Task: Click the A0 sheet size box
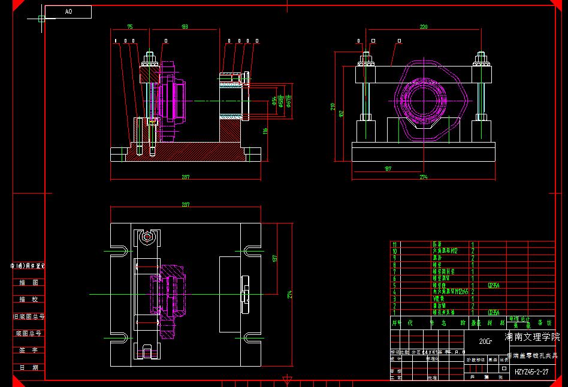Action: (68, 11)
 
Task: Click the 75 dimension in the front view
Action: (129, 27)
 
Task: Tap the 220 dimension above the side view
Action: (424, 27)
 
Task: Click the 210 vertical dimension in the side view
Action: (333, 107)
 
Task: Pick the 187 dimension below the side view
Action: (388, 169)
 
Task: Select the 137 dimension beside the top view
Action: (275, 258)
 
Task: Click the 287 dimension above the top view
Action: (185, 205)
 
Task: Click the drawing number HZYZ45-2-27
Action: (531, 372)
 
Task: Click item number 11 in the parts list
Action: (394, 244)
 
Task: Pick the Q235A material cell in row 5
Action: (494, 286)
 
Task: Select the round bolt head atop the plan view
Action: (146, 237)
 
